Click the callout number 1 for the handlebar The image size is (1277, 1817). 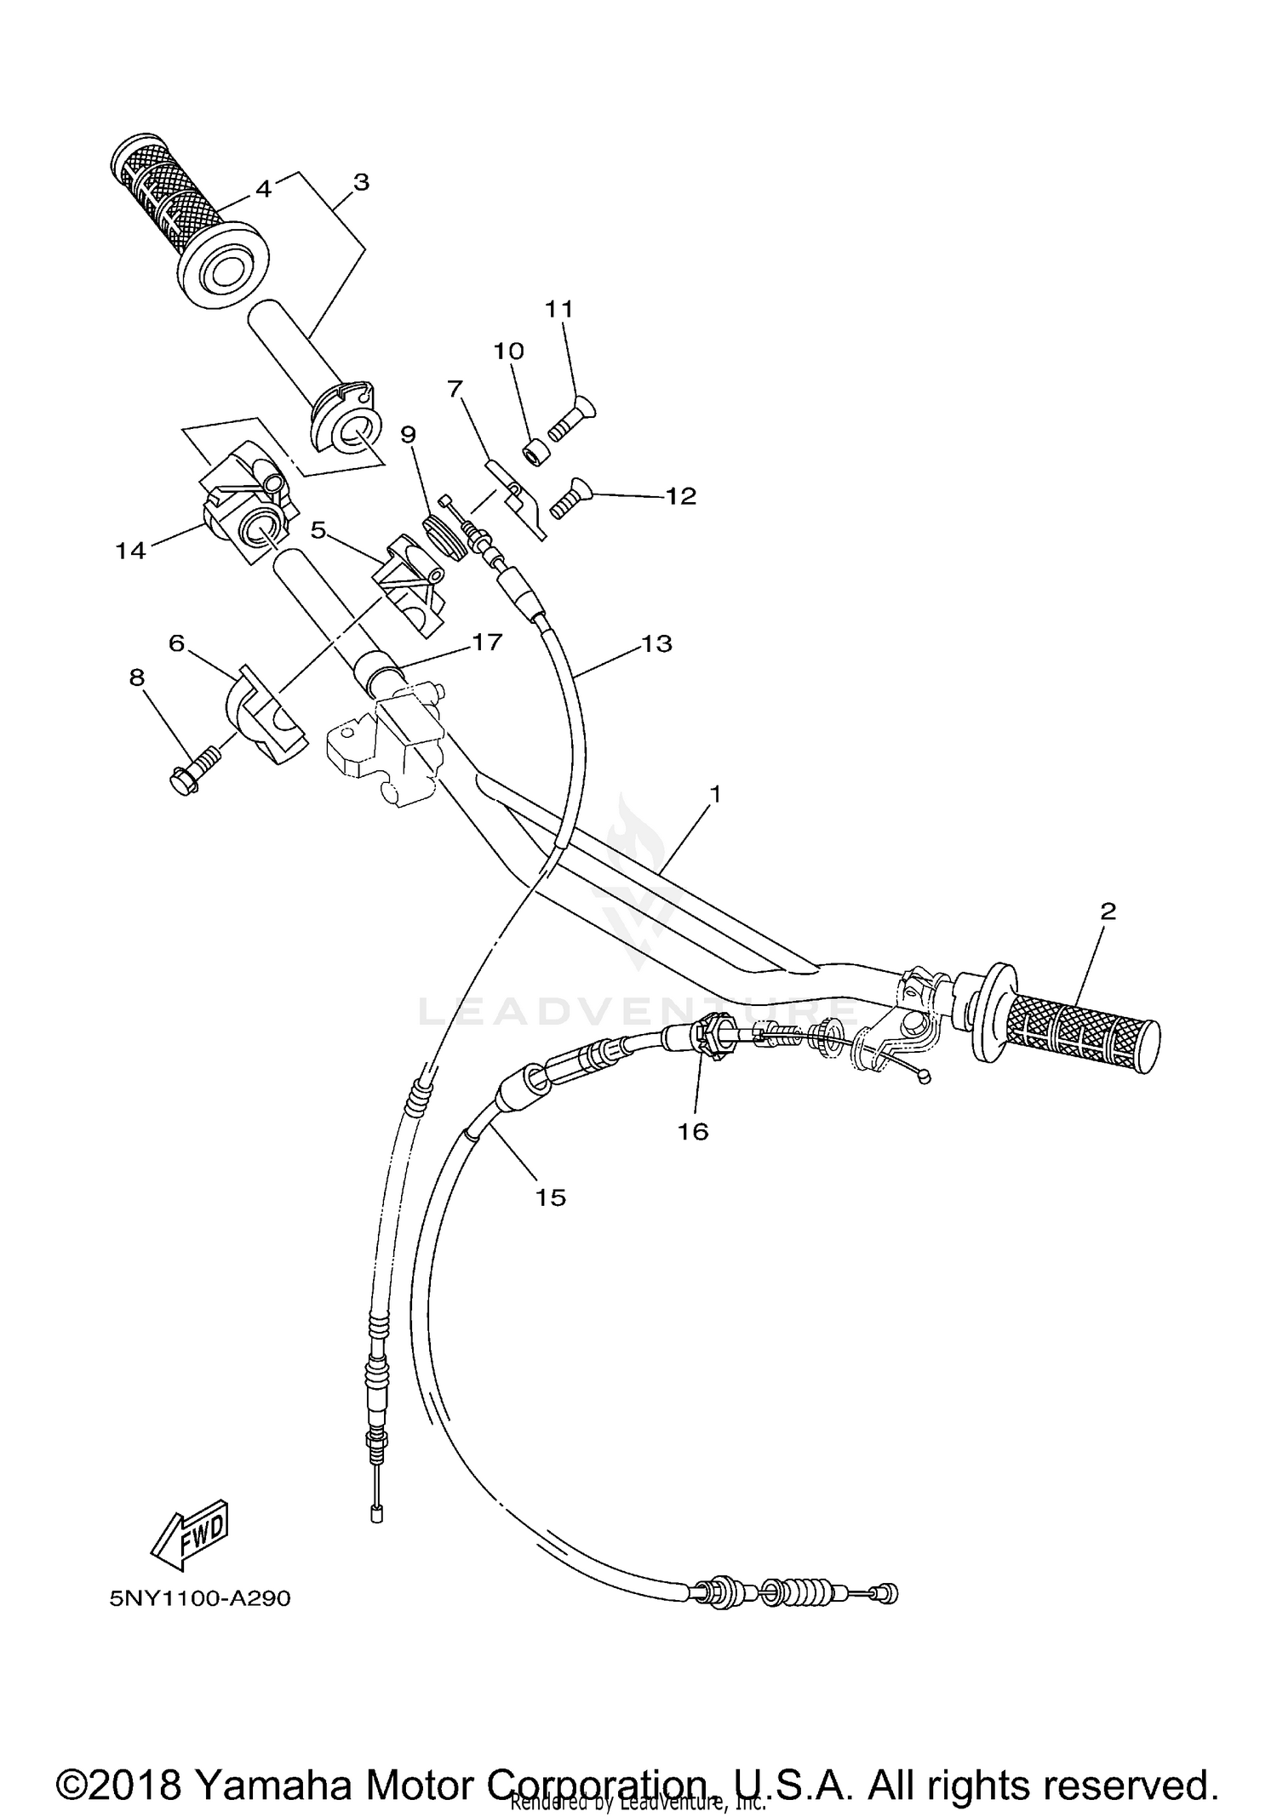pyautogui.click(x=715, y=794)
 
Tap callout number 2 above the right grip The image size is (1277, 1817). pyautogui.click(x=1108, y=911)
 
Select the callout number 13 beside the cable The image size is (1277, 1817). pyautogui.click(x=657, y=643)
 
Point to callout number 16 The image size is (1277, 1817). pyautogui.click(x=694, y=1131)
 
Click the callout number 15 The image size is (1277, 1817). pyautogui.click(x=551, y=1197)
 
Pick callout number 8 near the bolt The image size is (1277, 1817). pyautogui.click(x=137, y=677)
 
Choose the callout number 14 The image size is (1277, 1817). pyautogui.click(x=130, y=551)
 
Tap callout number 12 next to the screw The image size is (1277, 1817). pyautogui.click(x=681, y=495)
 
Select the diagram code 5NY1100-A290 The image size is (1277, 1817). pyautogui.click(x=200, y=1598)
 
